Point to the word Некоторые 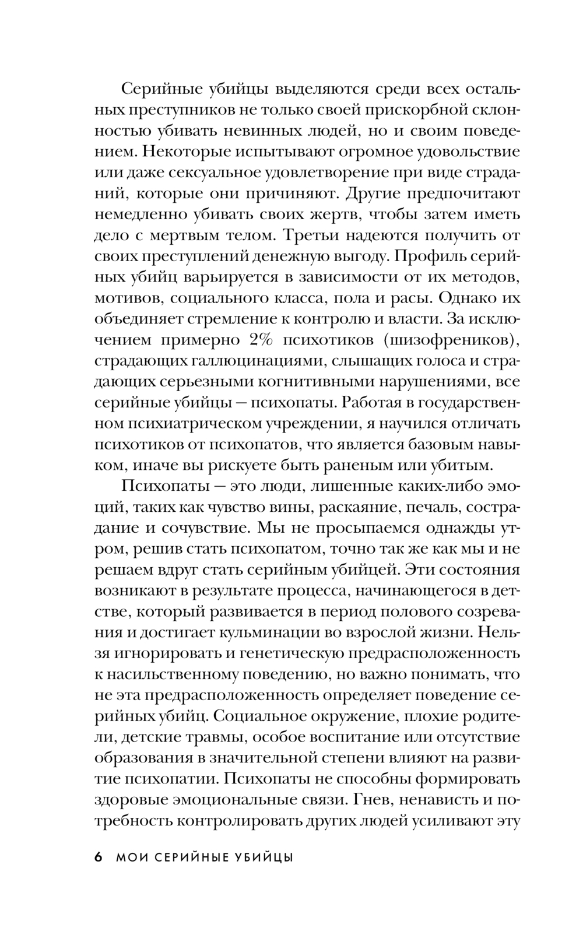coord(187,152)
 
